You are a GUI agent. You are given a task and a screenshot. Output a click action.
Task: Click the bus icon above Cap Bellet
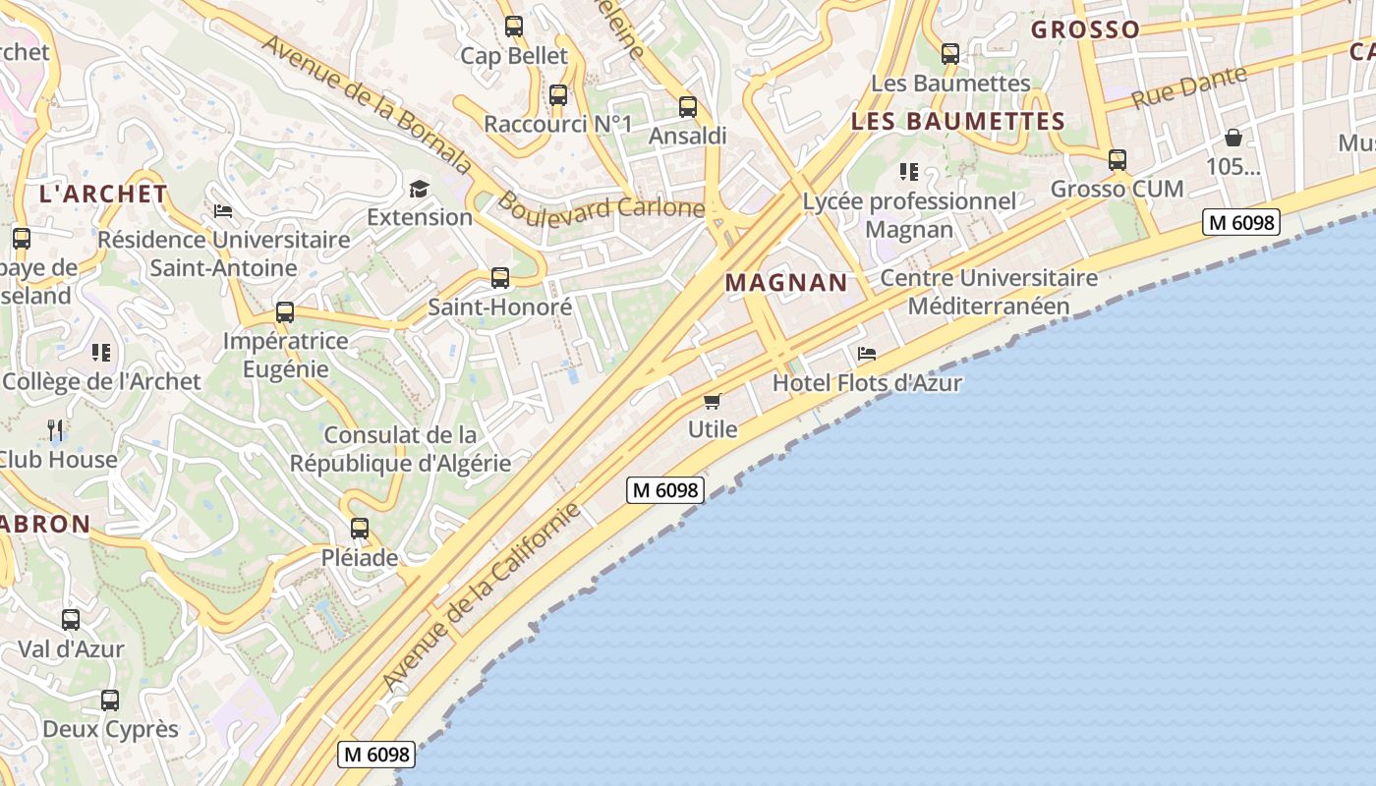click(x=514, y=27)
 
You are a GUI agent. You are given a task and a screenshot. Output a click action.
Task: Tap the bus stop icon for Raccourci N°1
click(x=558, y=95)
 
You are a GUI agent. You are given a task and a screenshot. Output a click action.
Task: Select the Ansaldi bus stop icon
click(x=688, y=107)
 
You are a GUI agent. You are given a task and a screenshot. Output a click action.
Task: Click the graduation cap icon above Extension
click(x=420, y=189)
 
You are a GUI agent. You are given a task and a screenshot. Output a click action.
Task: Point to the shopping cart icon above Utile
click(x=713, y=401)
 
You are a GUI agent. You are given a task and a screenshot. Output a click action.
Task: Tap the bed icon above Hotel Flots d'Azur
click(x=866, y=354)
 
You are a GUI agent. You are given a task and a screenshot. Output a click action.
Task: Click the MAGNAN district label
click(x=786, y=283)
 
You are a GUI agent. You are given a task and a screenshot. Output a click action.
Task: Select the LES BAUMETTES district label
click(x=958, y=122)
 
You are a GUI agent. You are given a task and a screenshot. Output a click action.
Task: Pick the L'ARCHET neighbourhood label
click(x=103, y=194)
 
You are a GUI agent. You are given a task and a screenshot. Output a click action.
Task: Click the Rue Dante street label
click(x=1189, y=87)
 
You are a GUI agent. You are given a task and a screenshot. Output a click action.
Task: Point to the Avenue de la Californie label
click(x=482, y=596)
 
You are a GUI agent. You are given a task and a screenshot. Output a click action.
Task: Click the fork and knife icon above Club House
click(x=56, y=429)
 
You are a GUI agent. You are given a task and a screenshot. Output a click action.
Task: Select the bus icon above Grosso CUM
click(x=1118, y=160)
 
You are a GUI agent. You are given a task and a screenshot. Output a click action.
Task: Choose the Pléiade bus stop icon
click(x=360, y=529)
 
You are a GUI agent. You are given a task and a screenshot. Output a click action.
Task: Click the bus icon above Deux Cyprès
click(x=110, y=701)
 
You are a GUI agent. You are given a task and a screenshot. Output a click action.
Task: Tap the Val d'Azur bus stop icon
click(x=71, y=620)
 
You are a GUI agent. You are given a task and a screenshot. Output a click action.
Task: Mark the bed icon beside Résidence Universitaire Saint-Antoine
click(x=223, y=211)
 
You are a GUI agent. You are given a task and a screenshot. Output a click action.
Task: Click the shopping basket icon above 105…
click(x=1233, y=138)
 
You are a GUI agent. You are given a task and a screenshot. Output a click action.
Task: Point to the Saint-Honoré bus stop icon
click(x=500, y=278)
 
